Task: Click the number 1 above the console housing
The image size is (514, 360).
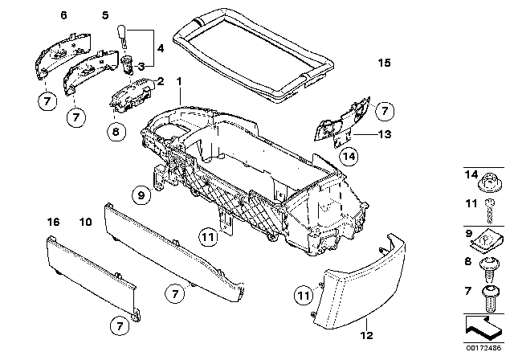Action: click(179, 81)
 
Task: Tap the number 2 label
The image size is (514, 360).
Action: click(161, 81)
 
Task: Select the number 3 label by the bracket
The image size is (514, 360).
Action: click(141, 67)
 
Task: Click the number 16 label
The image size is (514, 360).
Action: click(52, 220)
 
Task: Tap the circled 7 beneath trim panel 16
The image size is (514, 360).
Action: click(118, 327)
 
